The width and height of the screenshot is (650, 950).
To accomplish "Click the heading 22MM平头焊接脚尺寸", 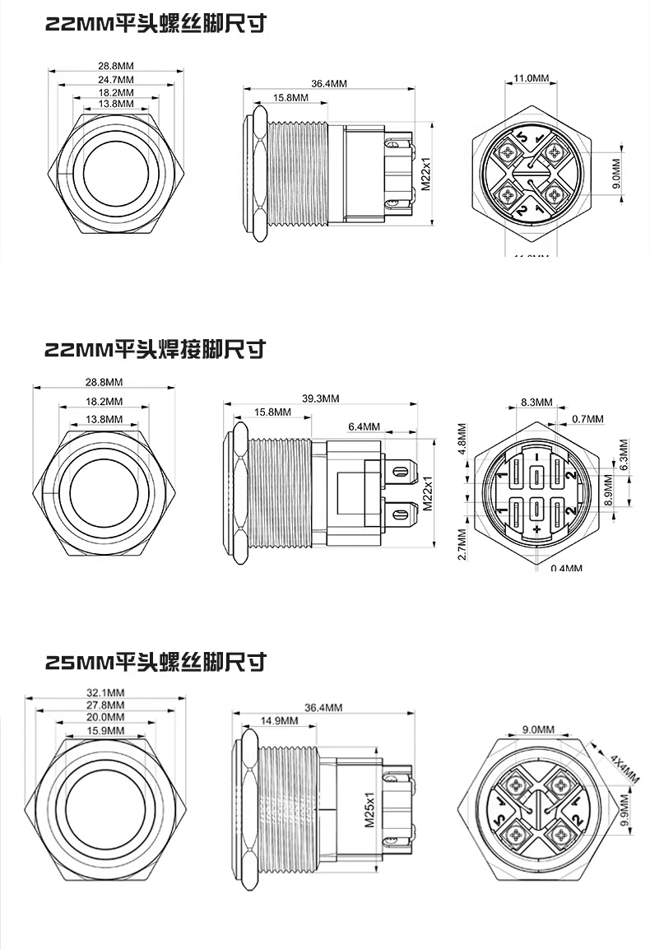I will coord(155,349).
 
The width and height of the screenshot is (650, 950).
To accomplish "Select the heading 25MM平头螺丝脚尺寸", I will coord(156,660).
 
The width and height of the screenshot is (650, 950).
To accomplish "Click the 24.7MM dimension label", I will coord(116,79).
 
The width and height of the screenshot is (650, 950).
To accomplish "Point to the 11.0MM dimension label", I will coord(531,78).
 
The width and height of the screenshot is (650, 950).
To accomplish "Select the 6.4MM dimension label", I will coord(364,426).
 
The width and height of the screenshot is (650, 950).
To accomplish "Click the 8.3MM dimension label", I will coord(536,403).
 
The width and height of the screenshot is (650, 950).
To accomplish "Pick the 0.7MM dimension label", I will coord(587,419).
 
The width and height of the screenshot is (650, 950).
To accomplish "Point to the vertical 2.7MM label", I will coord(462,544).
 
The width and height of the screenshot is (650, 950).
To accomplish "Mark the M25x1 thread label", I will coord(369,810).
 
